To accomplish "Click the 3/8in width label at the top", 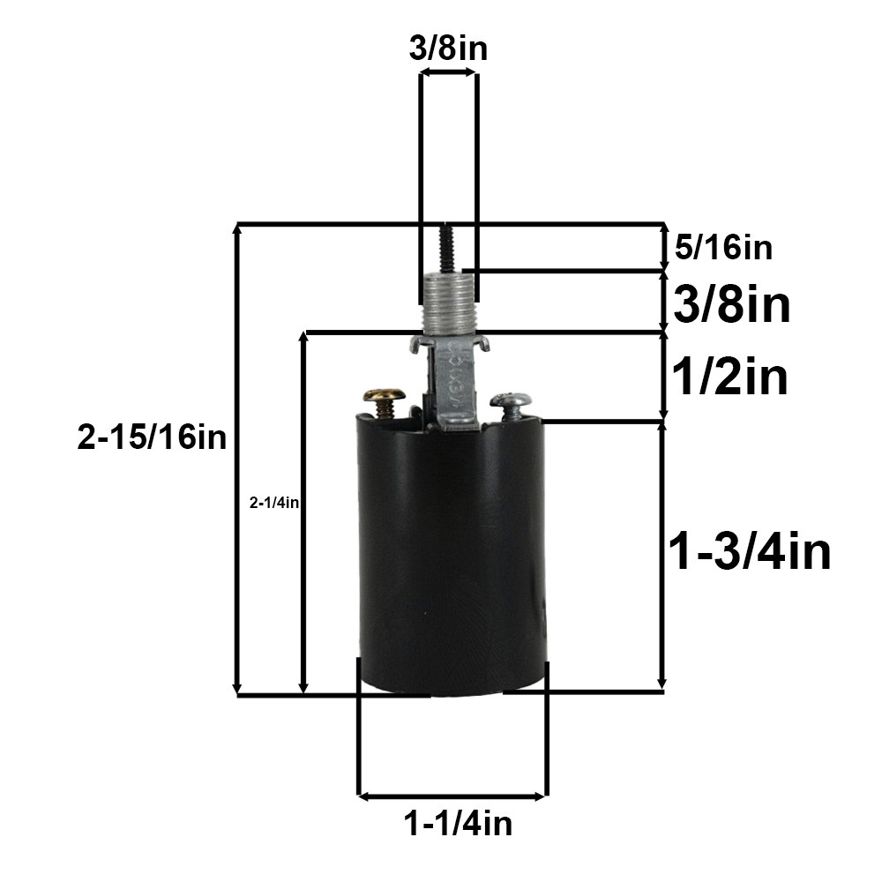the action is pos(448,49).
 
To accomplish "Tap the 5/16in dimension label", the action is pos(724,248).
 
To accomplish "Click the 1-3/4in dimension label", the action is pos(751,552).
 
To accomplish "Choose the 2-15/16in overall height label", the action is pos(152,437).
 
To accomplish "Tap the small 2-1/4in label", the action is pos(274,503).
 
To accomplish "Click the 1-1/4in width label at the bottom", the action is pos(458,824).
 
